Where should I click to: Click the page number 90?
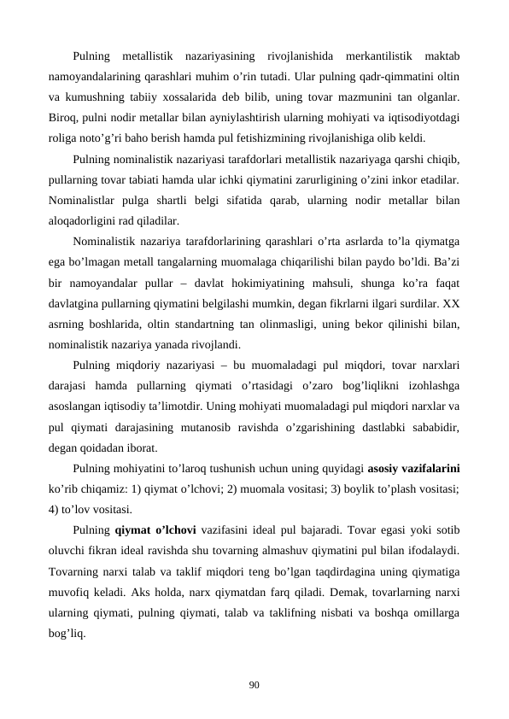point(254,684)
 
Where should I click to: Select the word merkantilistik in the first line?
point(374,57)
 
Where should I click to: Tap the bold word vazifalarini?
point(429,467)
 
